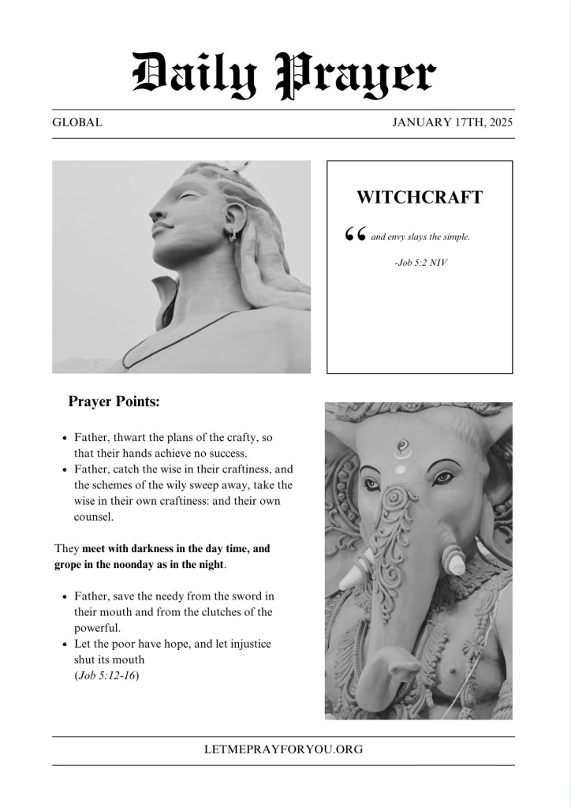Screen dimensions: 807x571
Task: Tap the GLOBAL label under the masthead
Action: pos(77,123)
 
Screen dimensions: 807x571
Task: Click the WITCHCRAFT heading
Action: pos(419,197)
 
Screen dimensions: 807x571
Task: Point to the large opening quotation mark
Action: pos(355,236)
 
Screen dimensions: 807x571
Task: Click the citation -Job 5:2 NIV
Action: pos(420,261)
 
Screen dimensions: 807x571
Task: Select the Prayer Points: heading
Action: pos(114,402)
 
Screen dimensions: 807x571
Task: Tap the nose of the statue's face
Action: pos(155,215)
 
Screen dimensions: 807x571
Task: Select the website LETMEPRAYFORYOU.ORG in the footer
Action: pos(283,749)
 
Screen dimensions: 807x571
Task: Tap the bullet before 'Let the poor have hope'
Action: pos(64,644)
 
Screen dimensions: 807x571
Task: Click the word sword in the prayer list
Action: pos(248,596)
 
